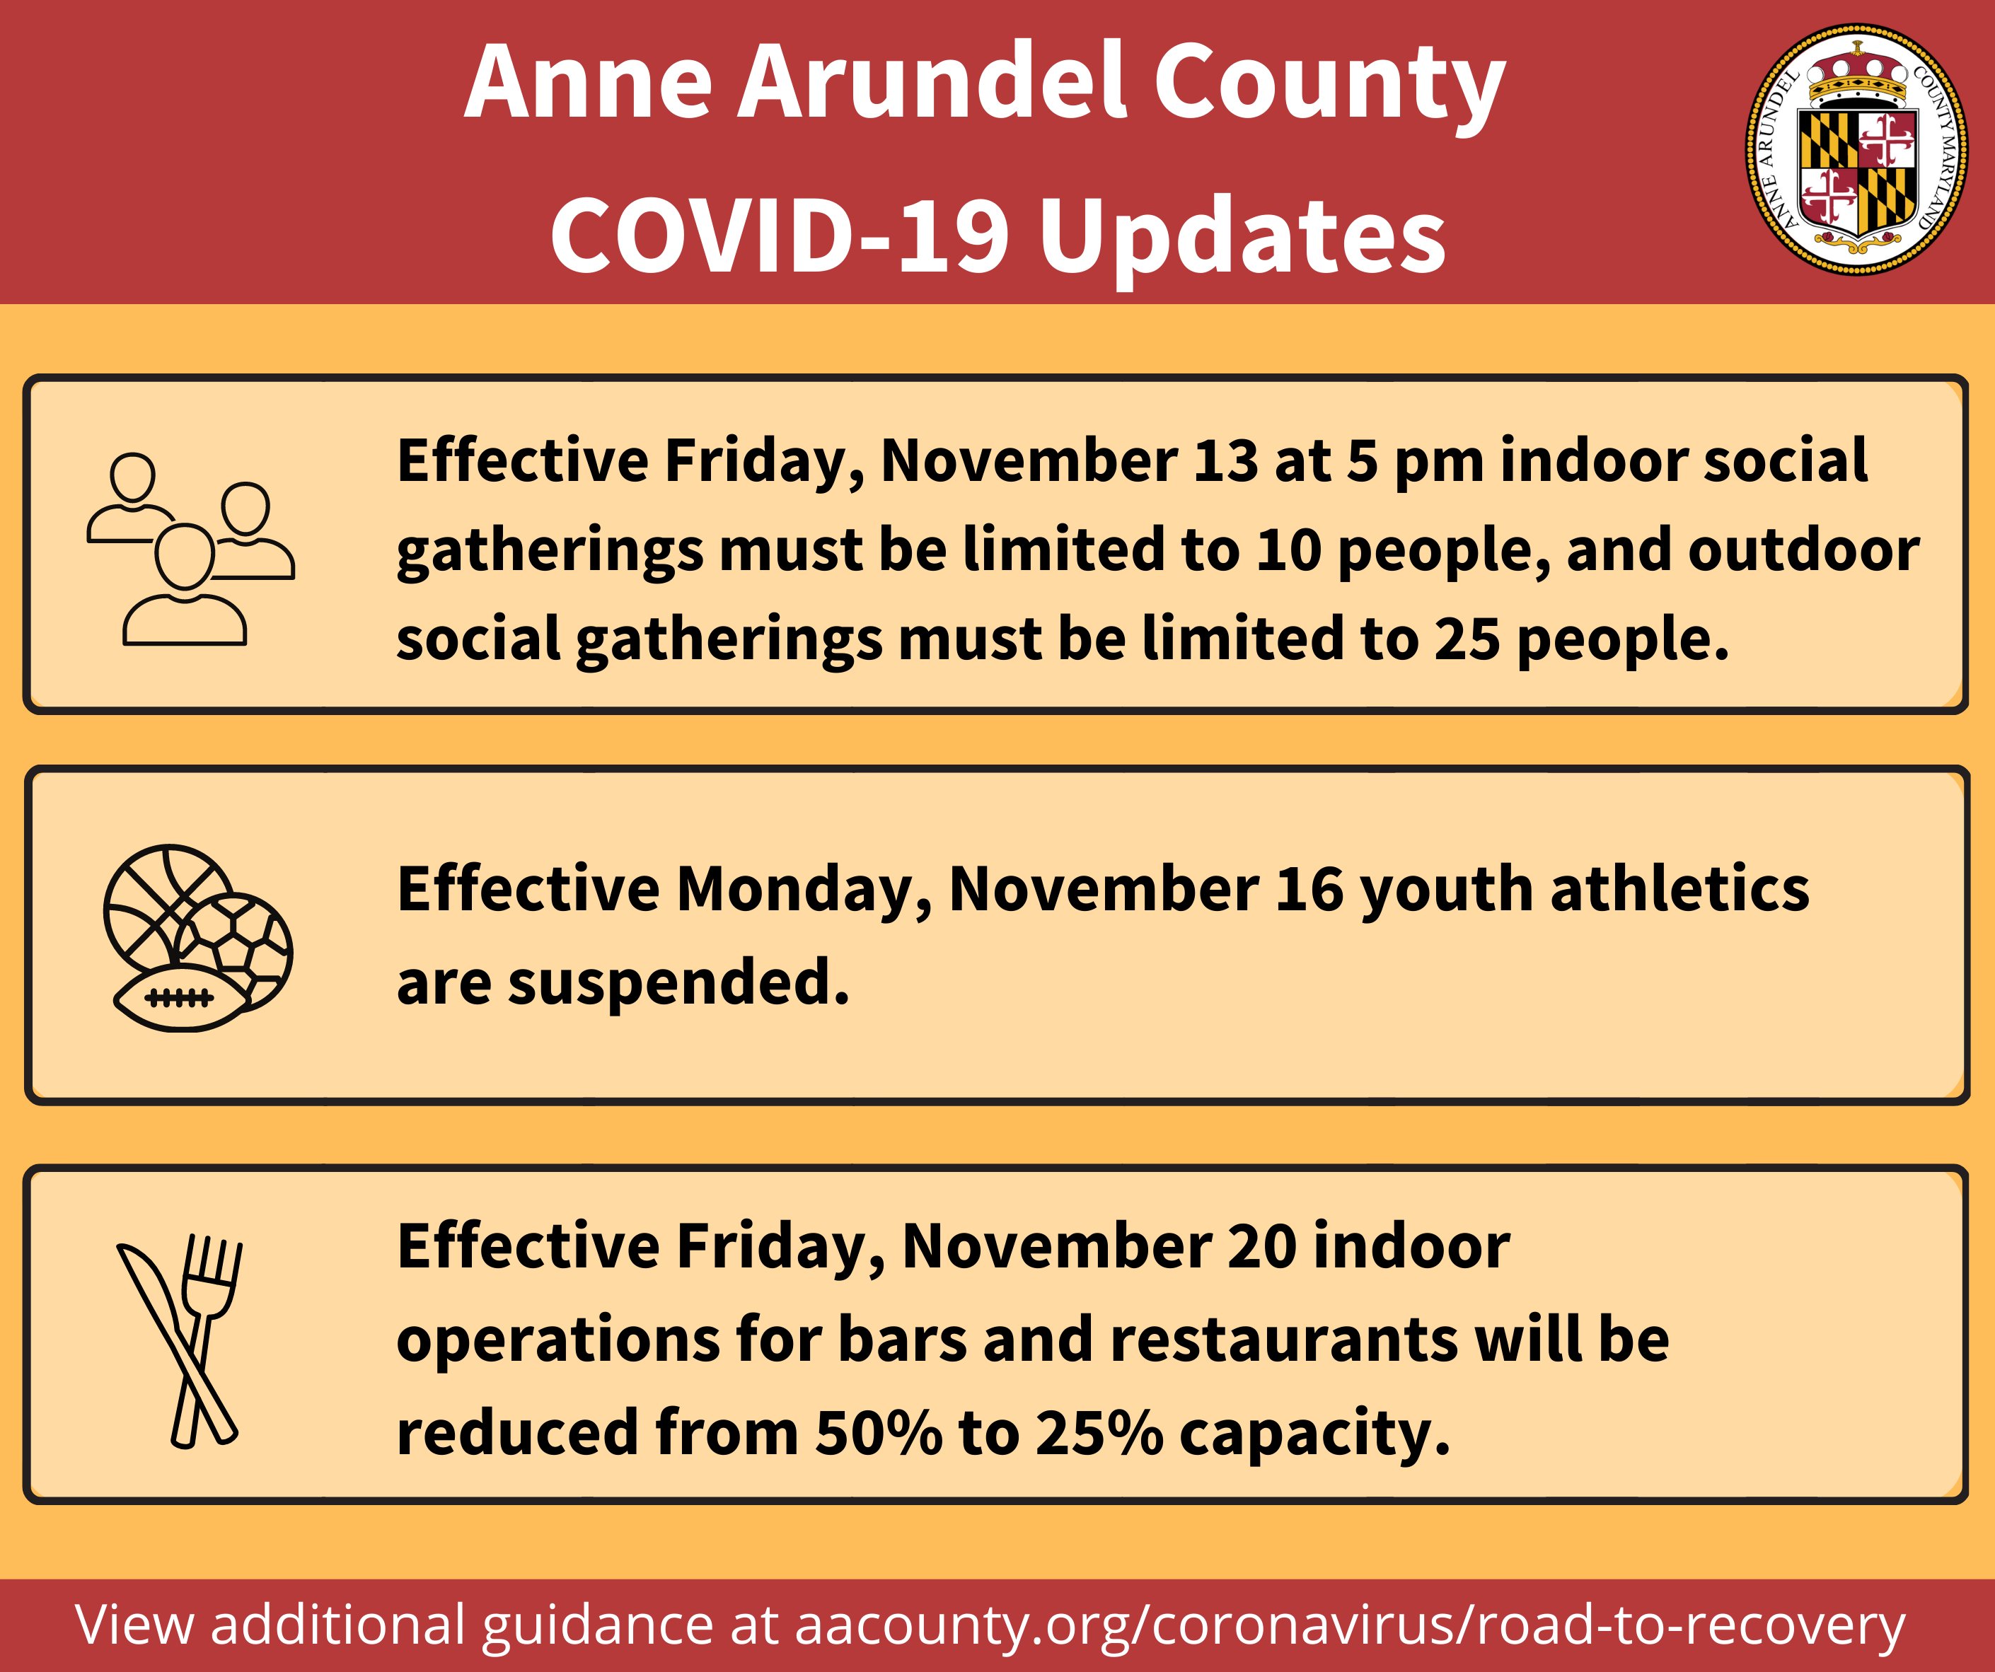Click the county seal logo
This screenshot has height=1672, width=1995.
1857,149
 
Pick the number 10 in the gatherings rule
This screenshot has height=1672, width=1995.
1288,551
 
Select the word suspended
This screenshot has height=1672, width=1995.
678,982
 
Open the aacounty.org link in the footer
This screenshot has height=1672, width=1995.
1350,1625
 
